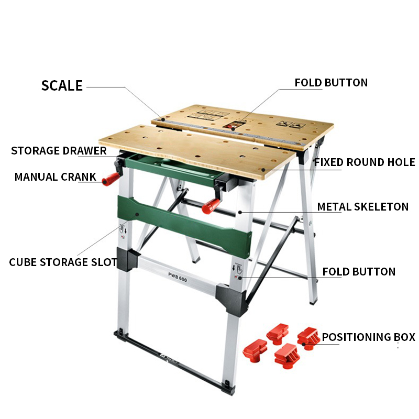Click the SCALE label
(62, 85)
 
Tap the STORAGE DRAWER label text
(59, 150)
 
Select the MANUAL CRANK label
(56, 177)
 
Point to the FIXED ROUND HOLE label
(365, 162)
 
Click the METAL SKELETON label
(363, 206)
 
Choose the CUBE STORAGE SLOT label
(63, 262)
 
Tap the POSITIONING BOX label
(369, 337)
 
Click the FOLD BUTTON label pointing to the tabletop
(331, 83)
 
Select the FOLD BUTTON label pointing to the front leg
(359, 271)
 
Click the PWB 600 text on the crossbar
(178, 277)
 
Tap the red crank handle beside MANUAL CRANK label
(111, 179)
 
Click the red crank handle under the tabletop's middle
(211, 206)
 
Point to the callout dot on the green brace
(137, 214)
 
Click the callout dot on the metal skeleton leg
(240, 213)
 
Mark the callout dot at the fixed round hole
(263, 170)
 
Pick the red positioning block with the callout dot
(308, 338)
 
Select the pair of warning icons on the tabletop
(291, 125)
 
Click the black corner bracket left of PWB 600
(127, 259)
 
